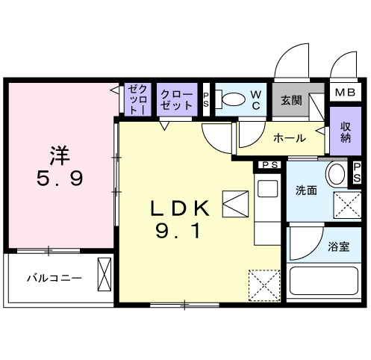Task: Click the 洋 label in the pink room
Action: [x=60, y=155]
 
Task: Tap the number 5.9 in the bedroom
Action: [x=60, y=179]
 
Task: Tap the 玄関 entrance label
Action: [x=291, y=100]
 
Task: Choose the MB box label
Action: [x=343, y=92]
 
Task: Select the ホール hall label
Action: [x=287, y=138]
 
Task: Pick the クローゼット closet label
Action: [x=176, y=100]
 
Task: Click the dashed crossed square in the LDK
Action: [x=261, y=285]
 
